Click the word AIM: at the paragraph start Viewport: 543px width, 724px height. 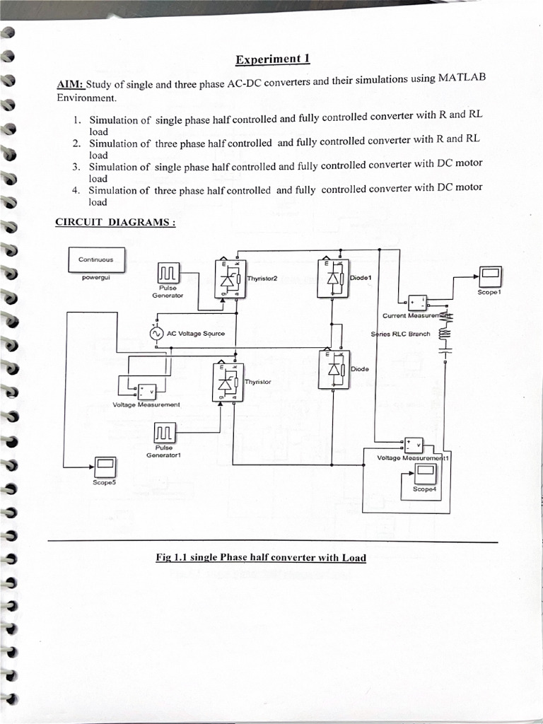pos(70,85)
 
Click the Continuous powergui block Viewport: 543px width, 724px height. pos(97,259)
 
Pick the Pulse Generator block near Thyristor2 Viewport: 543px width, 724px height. pos(168,272)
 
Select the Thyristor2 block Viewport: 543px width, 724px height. pos(229,279)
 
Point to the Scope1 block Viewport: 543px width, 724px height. pos(489,275)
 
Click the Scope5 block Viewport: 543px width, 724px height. pos(105,466)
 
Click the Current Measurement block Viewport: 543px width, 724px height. pos(414,302)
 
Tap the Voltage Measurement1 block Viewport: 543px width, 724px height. pos(412,445)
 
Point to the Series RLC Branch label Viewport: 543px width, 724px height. pos(400,334)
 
